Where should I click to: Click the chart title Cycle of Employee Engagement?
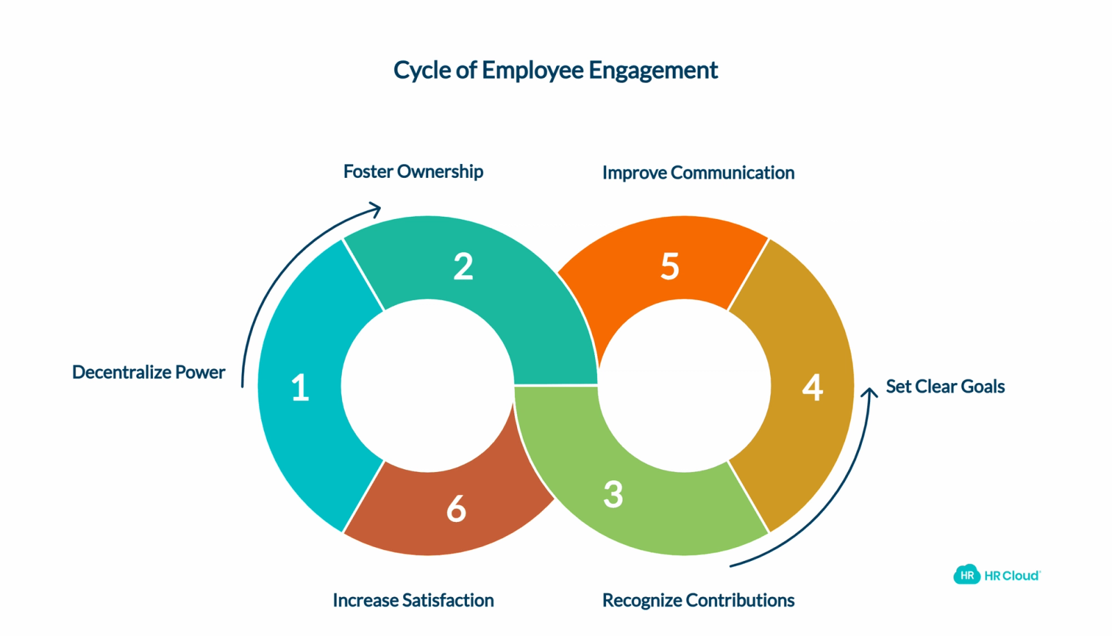pos(555,70)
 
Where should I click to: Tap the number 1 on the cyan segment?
pos(300,387)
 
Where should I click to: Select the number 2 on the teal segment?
pos(463,267)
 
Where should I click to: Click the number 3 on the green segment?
pos(613,494)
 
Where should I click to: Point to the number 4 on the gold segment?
pos(812,387)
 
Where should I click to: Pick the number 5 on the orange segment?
pos(670,267)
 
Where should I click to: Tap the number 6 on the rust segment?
pos(456,509)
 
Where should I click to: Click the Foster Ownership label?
pos(413,171)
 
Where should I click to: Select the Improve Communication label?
pos(698,173)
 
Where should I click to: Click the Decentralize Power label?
pos(149,372)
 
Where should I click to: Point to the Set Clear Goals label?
pos(945,386)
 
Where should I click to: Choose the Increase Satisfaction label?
pos(413,601)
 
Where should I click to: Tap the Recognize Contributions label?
pos(698,601)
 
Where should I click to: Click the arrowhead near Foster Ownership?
pos(375,209)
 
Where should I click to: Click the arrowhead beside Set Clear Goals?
pos(869,392)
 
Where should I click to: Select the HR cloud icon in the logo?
pos(967,575)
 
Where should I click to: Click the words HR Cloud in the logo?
pos(1012,576)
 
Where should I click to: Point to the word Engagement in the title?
pos(653,70)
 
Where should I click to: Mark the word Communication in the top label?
pos(733,173)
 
